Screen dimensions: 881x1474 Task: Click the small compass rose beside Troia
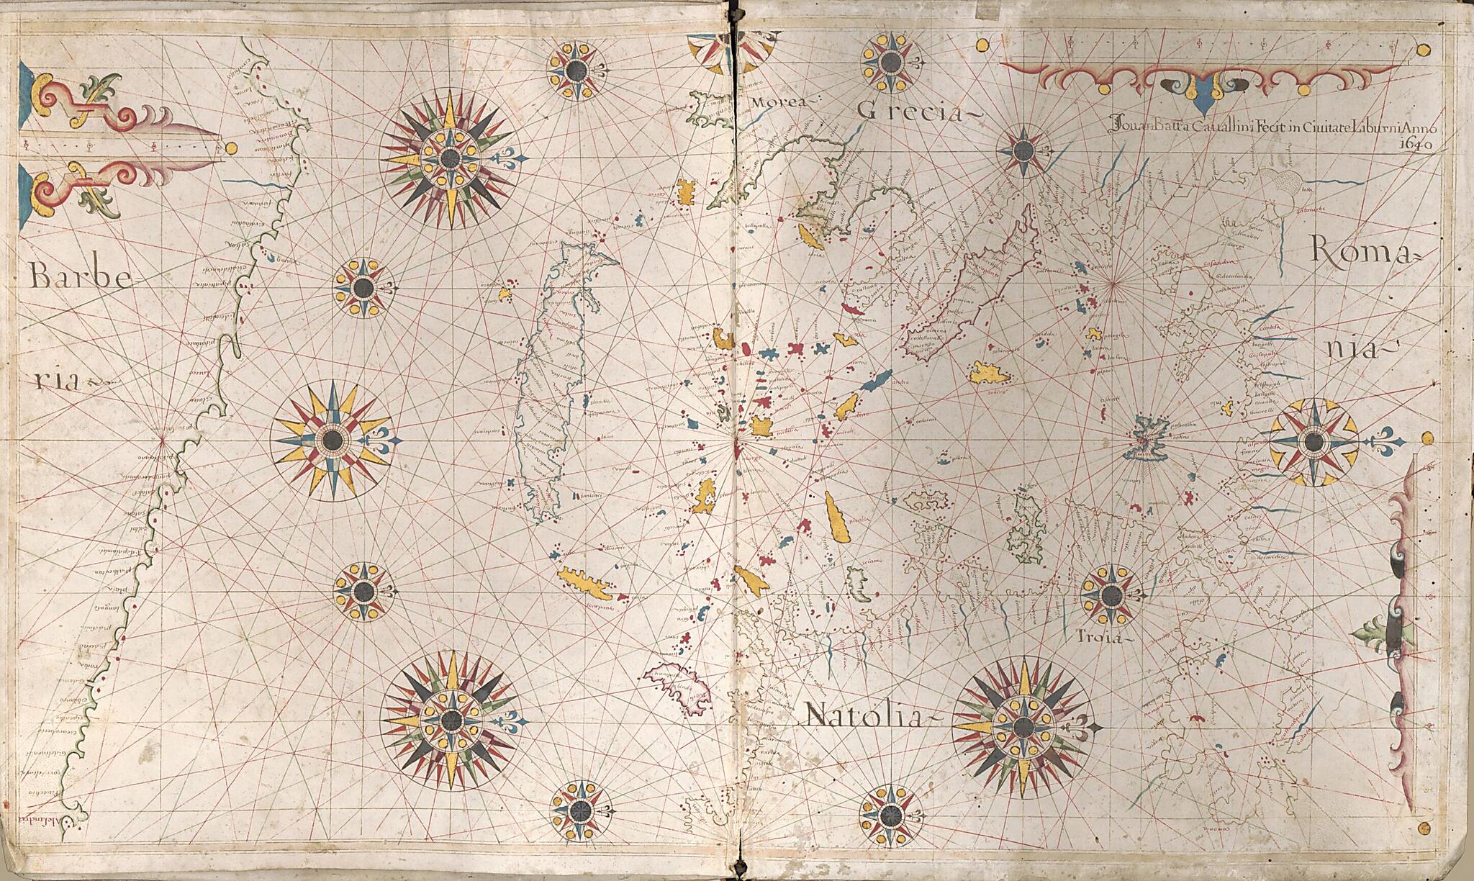[1111, 595]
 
